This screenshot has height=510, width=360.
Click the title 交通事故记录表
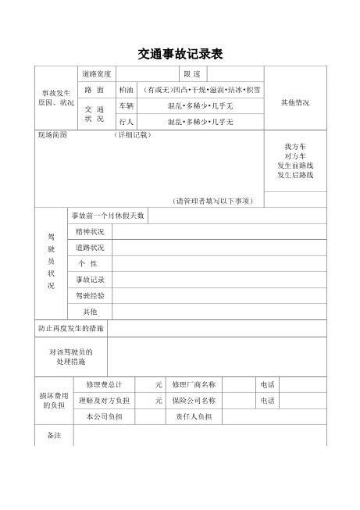click(x=180, y=54)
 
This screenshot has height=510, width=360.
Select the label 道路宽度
click(x=96, y=74)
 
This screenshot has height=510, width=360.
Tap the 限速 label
click(x=192, y=74)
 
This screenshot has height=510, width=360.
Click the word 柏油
click(x=127, y=90)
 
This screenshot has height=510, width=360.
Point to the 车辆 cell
click(x=127, y=105)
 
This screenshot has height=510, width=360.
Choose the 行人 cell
click(x=127, y=122)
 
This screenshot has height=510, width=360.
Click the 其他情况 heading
click(x=295, y=102)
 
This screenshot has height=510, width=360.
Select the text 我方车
click(x=295, y=147)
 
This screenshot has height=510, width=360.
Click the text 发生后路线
click(x=295, y=175)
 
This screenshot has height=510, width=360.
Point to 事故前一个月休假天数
click(x=108, y=216)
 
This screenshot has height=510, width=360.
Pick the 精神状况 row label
click(x=90, y=232)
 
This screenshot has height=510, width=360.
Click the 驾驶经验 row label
click(x=90, y=296)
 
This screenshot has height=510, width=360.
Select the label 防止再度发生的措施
click(x=71, y=328)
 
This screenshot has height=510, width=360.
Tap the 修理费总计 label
click(x=105, y=385)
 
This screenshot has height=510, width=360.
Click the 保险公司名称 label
click(x=194, y=401)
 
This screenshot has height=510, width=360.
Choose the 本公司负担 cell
click(x=105, y=416)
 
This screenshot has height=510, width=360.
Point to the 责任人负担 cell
click(x=194, y=416)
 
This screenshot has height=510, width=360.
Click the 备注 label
click(x=53, y=434)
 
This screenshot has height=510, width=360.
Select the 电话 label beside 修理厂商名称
click(x=267, y=385)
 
